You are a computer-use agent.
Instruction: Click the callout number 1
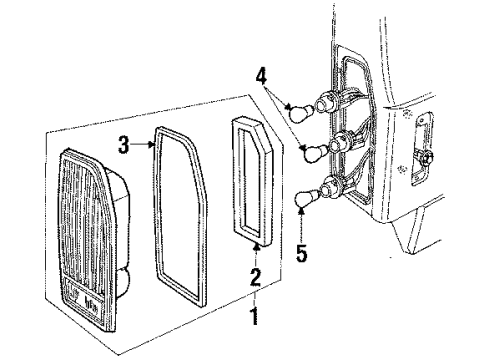pos(255,316)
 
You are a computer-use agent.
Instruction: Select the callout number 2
pos(255,277)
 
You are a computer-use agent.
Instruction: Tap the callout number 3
pos(124,145)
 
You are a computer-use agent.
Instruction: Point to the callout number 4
pos(262,76)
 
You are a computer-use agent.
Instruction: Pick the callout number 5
pos(302,253)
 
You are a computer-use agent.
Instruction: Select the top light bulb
pos(301,112)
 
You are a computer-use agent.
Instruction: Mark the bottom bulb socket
pos(332,185)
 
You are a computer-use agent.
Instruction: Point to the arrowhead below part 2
pos(256,247)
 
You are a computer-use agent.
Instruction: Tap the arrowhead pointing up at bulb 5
pos(301,210)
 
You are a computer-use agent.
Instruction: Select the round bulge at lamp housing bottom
pos(124,282)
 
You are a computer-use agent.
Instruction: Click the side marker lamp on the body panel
pos(422,149)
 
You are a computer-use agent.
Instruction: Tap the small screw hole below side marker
pos(403,168)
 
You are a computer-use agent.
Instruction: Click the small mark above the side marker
pos(407,113)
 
